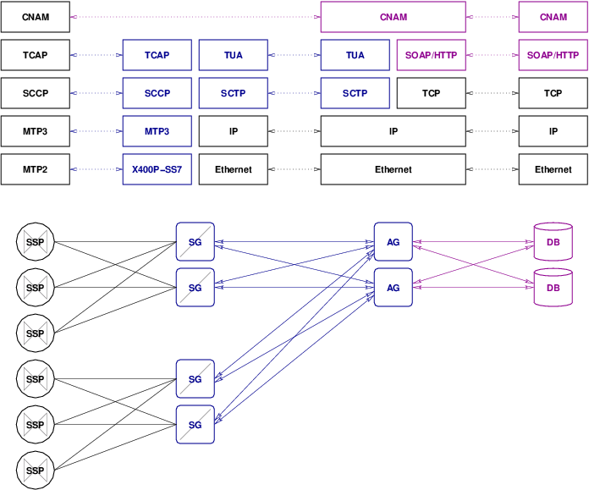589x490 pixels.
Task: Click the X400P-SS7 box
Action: [x=157, y=169]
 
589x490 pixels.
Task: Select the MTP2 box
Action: [x=35, y=169]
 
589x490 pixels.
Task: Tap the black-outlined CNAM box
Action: [x=35, y=17]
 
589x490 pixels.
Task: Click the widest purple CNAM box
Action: [x=393, y=17]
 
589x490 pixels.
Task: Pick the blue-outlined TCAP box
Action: [x=157, y=55]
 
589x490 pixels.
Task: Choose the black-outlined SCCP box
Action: [x=35, y=93]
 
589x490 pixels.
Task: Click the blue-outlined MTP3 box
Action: [x=157, y=131]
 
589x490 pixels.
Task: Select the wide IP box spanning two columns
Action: [x=393, y=131]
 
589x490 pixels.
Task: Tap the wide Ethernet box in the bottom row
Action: [x=393, y=169]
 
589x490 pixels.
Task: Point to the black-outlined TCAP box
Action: [x=35, y=55]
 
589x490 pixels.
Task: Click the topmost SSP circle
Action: [x=35, y=242]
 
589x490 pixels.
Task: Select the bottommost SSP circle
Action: [x=35, y=471]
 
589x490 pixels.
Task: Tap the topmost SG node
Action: [x=195, y=242]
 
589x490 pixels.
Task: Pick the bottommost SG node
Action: [x=195, y=425]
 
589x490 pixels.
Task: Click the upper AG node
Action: [x=393, y=242]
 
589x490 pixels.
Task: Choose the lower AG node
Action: [x=393, y=288]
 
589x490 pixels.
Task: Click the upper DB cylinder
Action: [x=553, y=242]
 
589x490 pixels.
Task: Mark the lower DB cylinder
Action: [x=553, y=288]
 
